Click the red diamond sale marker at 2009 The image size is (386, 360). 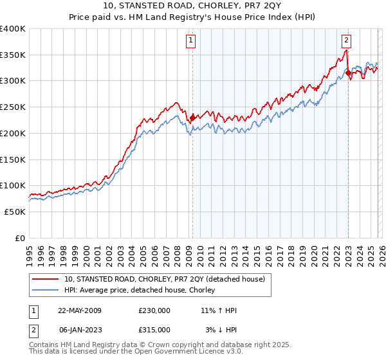[192, 117]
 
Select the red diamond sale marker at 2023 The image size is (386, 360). [348, 73]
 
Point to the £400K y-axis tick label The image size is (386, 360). [13, 29]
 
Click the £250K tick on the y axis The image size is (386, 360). [13, 107]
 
